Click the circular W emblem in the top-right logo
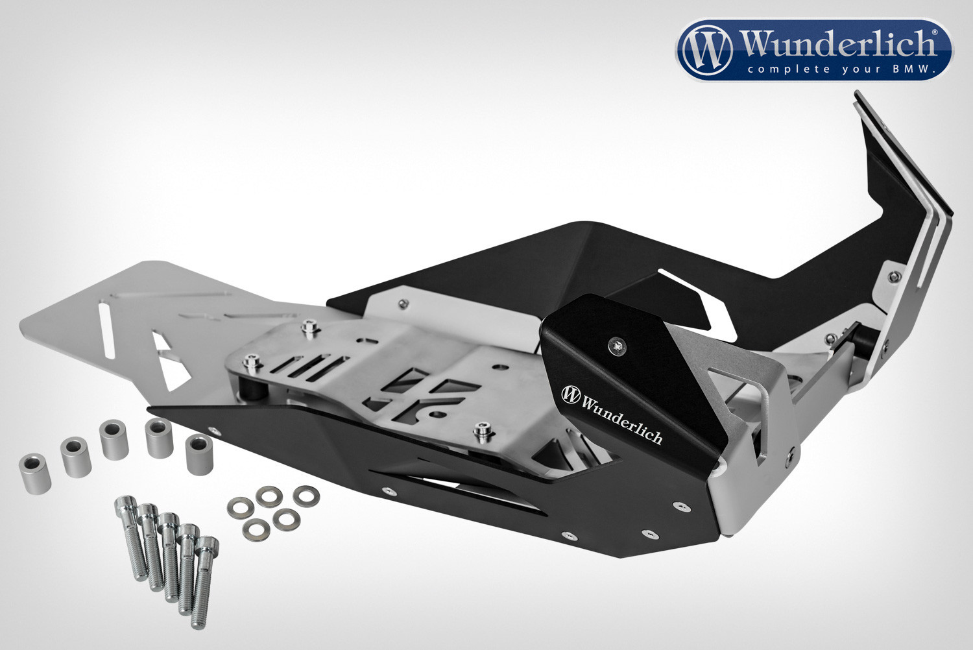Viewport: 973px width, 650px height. point(707,49)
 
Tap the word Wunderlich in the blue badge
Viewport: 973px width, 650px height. point(837,44)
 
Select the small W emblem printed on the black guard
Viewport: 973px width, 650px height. point(570,394)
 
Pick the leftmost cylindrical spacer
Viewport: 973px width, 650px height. point(35,474)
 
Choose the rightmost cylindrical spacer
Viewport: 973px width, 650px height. point(199,455)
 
